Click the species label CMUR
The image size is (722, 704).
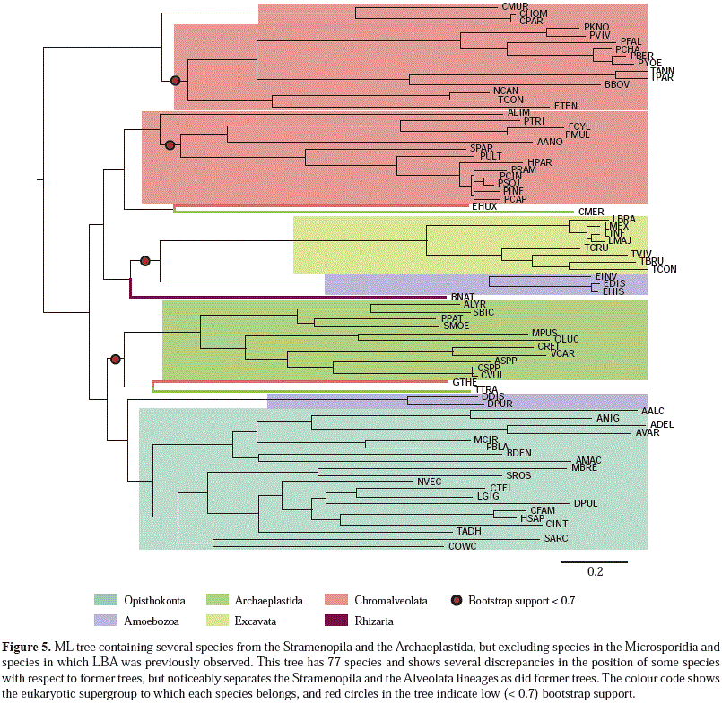click(x=513, y=6)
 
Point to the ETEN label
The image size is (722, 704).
click(x=566, y=106)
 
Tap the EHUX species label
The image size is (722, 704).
click(x=484, y=206)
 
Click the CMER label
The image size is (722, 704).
click(x=590, y=212)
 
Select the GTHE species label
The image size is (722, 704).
click(x=464, y=382)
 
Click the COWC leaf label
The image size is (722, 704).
click(x=463, y=546)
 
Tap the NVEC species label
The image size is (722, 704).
click(x=429, y=482)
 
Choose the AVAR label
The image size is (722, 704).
click(x=648, y=432)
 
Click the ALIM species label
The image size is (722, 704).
click(x=518, y=112)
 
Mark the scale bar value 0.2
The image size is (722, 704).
click(x=595, y=571)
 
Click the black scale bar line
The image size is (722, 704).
click(x=595, y=561)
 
